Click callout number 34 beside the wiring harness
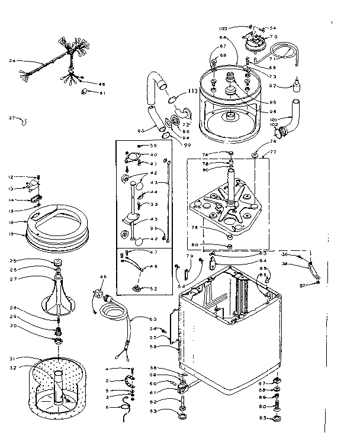click(x=11, y=61)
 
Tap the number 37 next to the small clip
click(x=11, y=118)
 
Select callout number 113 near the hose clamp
click(x=192, y=92)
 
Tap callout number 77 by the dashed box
click(x=273, y=152)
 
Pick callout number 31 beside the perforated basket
click(x=12, y=358)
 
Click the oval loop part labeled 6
click(x=124, y=407)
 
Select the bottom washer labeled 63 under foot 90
click(x=276, y=419)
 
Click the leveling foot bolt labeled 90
click(x=276, y=407)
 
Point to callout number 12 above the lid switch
click(x=11, y=177)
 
